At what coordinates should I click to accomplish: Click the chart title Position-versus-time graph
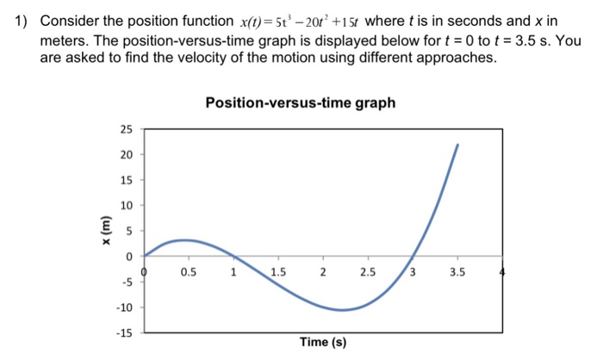tap(301, 103)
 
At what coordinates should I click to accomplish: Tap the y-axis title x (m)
tap(105, 231)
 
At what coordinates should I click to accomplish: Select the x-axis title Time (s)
tap(323, 343)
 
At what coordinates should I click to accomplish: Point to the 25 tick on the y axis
tap(127, 129)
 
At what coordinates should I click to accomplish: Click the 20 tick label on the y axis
tap(127, 155)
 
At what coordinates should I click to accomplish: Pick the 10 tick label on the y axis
tap(127, 206)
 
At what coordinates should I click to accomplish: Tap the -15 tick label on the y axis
tap(125, 332)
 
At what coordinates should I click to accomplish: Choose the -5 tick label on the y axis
tap(127, 282)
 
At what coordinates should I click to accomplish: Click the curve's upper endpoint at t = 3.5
tap(457, 145)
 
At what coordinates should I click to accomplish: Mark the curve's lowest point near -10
tap(343, 310)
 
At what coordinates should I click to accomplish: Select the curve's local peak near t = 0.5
tap(179, 240)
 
